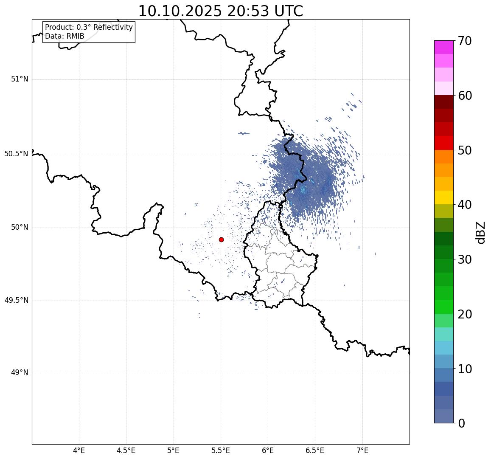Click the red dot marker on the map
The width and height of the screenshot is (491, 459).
coord(221,239)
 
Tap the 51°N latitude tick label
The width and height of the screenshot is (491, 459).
coord(20,79)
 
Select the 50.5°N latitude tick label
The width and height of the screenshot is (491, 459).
coord(16,154)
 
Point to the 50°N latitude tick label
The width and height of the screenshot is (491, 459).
coord(20,228)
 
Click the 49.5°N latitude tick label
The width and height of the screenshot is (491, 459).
coord(16,301)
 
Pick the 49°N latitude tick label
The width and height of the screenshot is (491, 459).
coord(20,373)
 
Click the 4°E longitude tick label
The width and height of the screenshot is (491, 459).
coord(79,450)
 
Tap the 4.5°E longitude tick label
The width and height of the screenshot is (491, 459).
coord(126,450)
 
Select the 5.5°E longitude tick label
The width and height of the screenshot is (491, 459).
coord(221,450)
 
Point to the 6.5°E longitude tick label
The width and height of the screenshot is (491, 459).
coord(315,450)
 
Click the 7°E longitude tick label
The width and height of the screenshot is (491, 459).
coord(362,450)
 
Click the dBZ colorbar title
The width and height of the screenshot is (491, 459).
coord(481,233)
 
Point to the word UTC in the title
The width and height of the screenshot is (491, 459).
coord(289,11)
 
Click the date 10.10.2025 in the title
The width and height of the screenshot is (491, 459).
coord(180,11)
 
